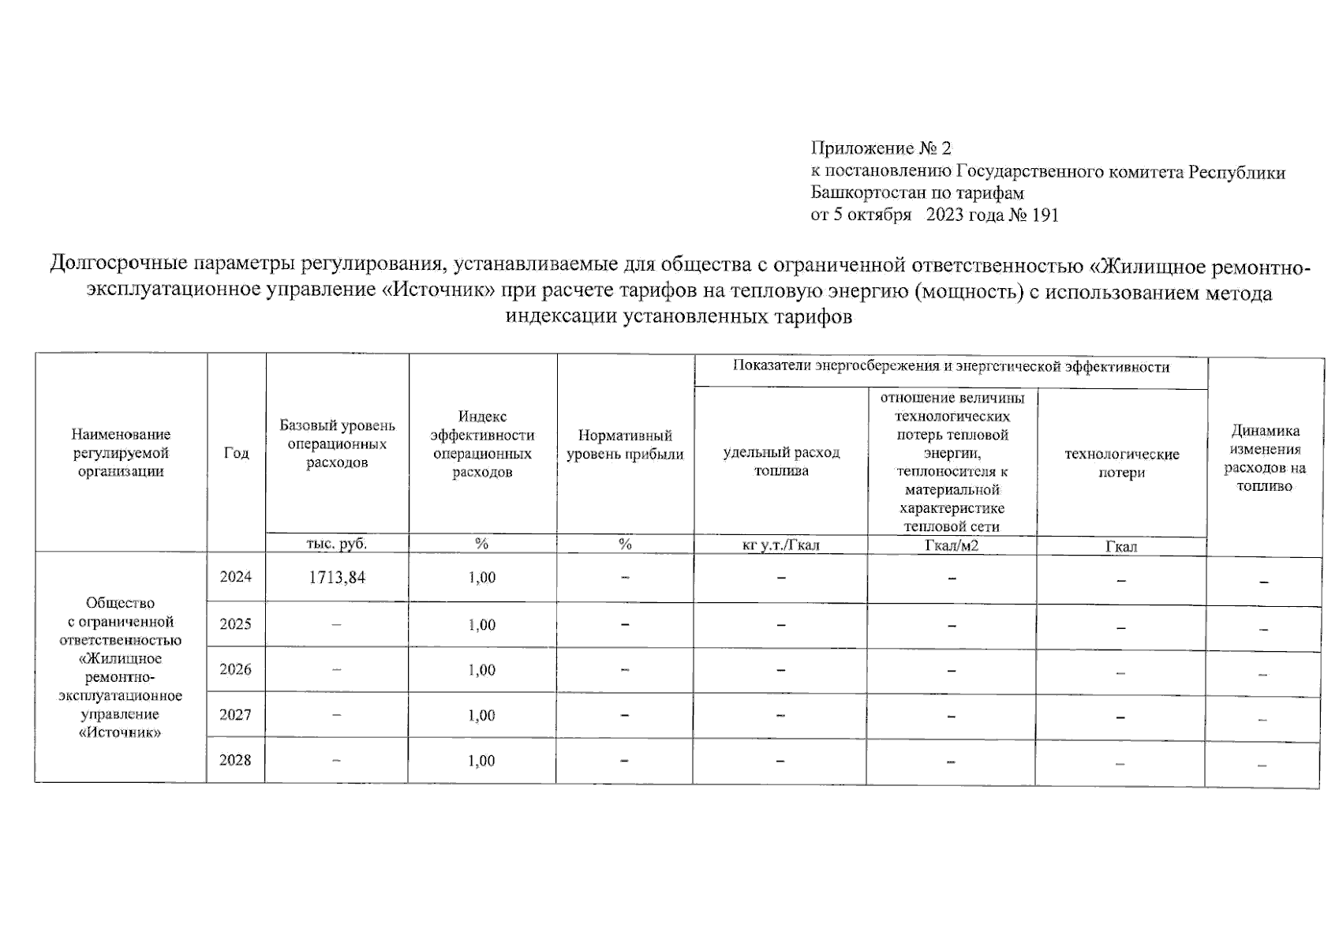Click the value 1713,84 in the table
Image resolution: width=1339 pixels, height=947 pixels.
point(337,578)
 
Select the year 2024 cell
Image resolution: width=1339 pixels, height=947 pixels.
point(236,577)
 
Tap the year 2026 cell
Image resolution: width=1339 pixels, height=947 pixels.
point(236,669)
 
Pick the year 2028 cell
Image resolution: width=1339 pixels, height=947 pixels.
point(236,760)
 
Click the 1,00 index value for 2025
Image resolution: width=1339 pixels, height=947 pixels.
point(482,625)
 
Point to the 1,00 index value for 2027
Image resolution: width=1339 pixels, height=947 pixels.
point(482,716)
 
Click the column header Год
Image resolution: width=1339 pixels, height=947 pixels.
point(236,453)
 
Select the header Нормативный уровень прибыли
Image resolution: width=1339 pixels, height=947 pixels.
point(625,445)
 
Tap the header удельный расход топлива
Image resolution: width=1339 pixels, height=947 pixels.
point(781,462)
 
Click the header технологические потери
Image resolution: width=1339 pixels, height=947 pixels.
point(1121,463)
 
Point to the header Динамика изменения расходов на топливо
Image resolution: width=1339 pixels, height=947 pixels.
point(1265,459)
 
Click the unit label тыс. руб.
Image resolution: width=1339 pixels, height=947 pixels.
point(337,544)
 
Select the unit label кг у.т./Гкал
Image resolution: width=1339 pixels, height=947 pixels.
point(781,545)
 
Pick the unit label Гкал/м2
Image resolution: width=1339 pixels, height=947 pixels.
point(952,545)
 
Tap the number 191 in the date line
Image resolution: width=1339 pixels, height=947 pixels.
point(1045,215)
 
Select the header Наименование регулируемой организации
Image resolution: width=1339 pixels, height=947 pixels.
point(121,453)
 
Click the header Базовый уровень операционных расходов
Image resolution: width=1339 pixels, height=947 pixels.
point(337,444)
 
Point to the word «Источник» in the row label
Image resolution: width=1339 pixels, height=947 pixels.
point(121,732)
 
